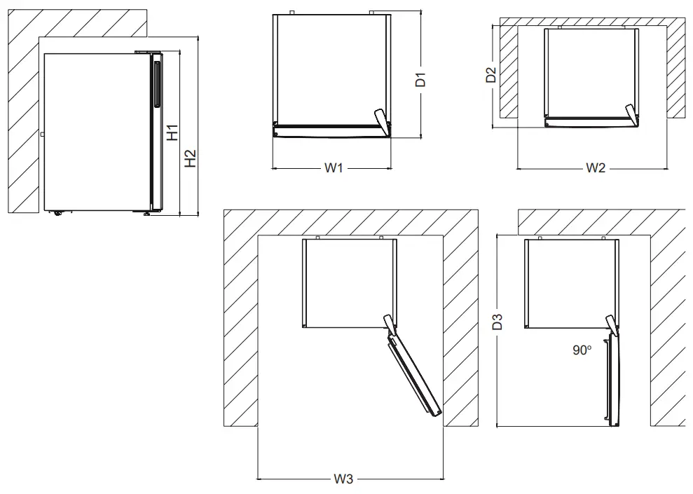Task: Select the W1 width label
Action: click(x=332, y=168)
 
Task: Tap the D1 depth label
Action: click(x=421, y=78)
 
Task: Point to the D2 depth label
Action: click(x=492, y=75)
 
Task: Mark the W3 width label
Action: click(x=343, y=479)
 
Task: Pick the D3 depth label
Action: click(x=497, y=323)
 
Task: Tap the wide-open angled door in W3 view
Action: click(x=414, y=374)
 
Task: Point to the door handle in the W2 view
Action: click(x=631, y=114)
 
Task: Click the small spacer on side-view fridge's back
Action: click(x=42, y=132)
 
